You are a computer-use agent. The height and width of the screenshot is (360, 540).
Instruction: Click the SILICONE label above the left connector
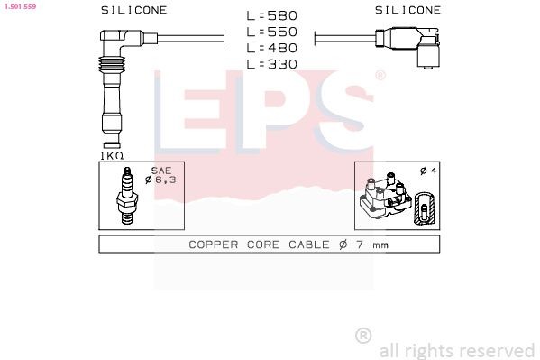[x=133, y=10]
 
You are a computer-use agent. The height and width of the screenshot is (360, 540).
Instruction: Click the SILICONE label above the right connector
[x=407, y=10]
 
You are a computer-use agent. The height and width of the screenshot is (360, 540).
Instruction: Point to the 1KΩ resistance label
[x=112, y=154]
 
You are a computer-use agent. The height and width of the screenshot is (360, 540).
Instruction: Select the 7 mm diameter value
[x=371, y=245]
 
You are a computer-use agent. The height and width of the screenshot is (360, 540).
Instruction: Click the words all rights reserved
[x=457, y=350]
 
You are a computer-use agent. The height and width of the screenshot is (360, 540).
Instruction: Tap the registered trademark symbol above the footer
[x=363, y=336]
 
